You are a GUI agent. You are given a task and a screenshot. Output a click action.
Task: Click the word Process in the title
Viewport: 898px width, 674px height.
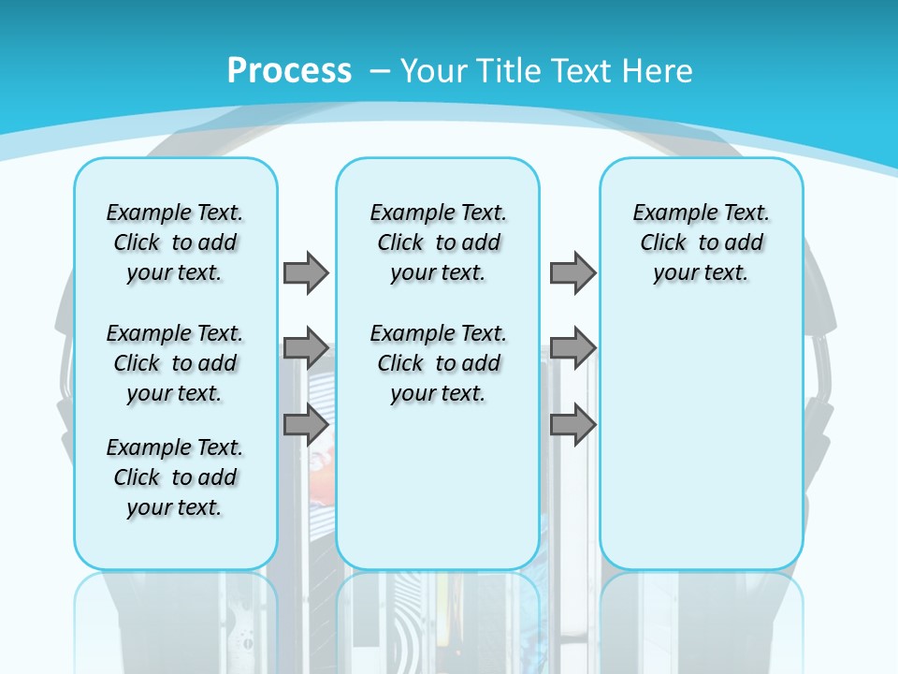click(289, 71)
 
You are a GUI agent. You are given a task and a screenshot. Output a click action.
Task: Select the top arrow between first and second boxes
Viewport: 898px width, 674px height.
click(306, 272)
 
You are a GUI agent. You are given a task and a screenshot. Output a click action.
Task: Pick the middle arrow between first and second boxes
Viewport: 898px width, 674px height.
click(306, 348)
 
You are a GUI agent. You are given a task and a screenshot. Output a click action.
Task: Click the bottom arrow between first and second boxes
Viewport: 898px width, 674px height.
click(306, 424)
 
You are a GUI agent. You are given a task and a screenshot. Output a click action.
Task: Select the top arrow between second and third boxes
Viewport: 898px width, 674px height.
click(572, 272)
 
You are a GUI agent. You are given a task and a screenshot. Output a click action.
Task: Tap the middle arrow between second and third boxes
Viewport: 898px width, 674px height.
click(572, 348)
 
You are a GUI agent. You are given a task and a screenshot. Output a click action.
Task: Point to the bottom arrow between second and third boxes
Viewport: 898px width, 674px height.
click(572, 424)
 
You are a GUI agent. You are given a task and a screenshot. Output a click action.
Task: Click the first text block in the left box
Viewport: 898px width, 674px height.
click(175, 242)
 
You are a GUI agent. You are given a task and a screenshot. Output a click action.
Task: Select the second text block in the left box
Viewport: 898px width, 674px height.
click(175, 363)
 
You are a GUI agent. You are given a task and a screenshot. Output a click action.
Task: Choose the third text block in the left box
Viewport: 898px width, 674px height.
click(175, 477)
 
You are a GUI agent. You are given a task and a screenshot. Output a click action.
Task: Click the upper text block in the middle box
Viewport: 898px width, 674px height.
click(438, 242)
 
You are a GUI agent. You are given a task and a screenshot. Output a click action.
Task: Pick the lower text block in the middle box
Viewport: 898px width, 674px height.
click(438, 363)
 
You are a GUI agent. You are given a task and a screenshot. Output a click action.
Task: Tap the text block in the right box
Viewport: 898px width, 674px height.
click(702, 242)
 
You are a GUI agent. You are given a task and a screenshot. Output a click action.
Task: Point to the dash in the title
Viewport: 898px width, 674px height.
click(380, 71)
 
